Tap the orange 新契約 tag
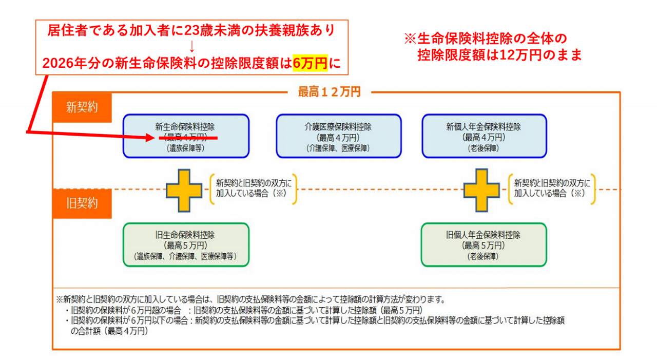coord(82,107)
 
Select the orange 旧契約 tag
coord(82,203)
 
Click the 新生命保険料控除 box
coord(186,136)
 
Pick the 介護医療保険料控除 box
coord(338,136)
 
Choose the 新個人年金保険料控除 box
coord(484,136)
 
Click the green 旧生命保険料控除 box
coord(186,244)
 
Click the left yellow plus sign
coord(184,190)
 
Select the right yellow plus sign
coord(481,190)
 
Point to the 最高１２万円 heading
coord(329,92)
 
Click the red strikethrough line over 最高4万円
coord(188,138)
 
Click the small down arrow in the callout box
coord(191,47)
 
